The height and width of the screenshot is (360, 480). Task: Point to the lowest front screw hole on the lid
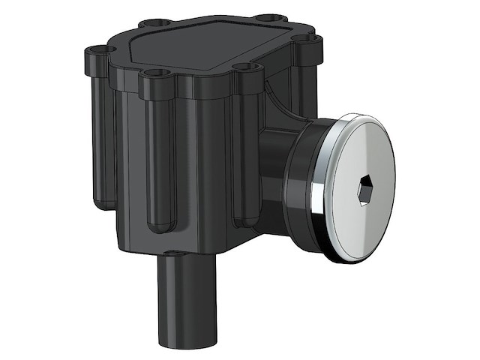click(x=154, y=73)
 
